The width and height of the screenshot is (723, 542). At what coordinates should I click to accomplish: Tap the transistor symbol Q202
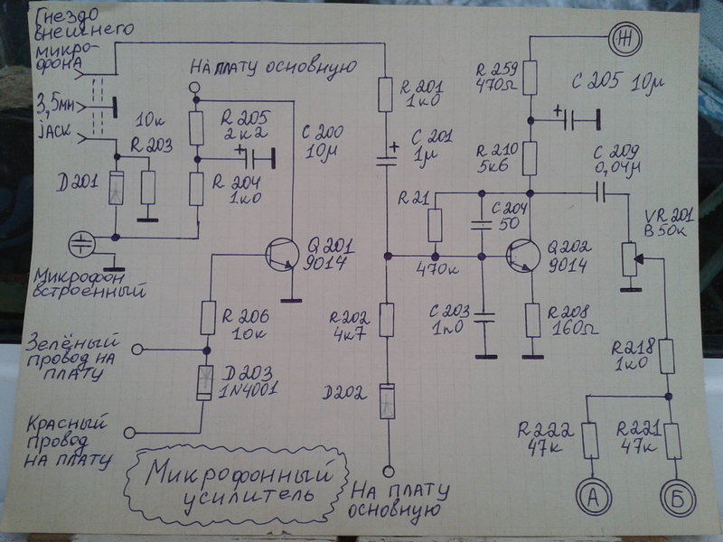click(x=523, y=256)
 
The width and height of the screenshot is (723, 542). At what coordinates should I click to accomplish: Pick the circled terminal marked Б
click(x=679, y=498)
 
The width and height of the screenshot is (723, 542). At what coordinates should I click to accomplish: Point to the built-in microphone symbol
click(x=82, y=244)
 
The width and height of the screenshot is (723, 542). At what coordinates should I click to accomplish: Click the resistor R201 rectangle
click(x=386, y=95)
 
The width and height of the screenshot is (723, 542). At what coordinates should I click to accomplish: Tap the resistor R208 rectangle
click(x=532, y=320)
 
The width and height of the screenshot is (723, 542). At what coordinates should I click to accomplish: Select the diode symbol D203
click(x=204, y=382)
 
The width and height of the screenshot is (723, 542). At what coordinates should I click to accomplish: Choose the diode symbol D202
click(x=388, y=401)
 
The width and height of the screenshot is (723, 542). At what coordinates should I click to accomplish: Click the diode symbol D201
click(x=116, y=188)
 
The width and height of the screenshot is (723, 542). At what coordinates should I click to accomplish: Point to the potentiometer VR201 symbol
click(x=633, y=259)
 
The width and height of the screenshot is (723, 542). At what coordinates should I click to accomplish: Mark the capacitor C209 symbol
click(x=601, y=193)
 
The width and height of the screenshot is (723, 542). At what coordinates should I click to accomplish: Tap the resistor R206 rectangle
click(x=208, y=318)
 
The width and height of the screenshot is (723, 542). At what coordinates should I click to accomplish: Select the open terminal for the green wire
click(x=137, y=350)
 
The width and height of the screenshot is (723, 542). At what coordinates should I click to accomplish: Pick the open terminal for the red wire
click(x=129, y=433)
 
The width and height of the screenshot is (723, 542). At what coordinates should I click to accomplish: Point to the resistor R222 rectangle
click(x=591, y=441)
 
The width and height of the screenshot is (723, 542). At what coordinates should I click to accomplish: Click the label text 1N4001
click(x=247, y=390)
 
